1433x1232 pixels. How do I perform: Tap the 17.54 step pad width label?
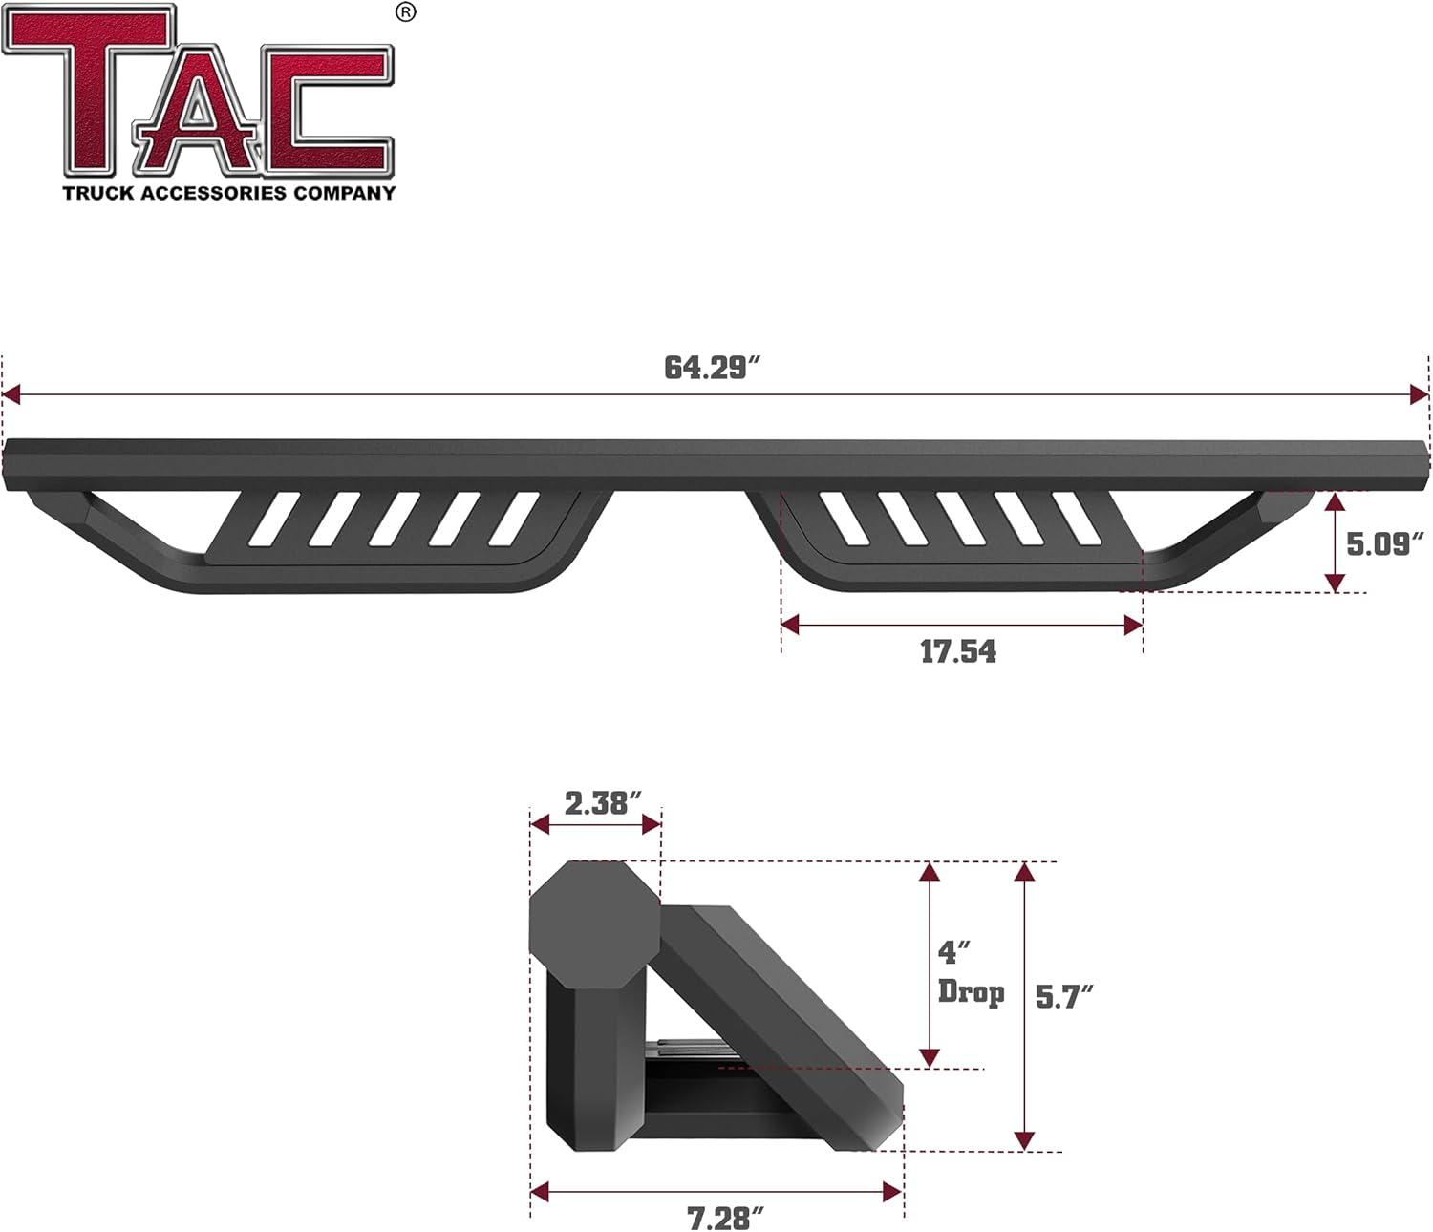coord(958,651)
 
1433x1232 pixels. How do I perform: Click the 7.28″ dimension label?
coord(725,1218)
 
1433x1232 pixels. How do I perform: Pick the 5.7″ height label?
coord(1063,997)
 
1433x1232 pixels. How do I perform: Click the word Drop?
coord(971,992)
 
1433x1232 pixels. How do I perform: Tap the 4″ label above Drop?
coord(953,952)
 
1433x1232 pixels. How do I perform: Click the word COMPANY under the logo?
coord(344,194)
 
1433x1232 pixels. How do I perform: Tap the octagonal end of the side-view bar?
coord(593,924)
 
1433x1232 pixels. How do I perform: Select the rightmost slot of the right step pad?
coord(1078,520)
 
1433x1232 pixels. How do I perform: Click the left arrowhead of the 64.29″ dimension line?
coord(11,394)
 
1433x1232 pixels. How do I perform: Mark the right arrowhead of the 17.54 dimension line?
coord(1134,626)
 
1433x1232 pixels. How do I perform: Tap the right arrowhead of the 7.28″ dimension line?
coord(893,1191)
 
